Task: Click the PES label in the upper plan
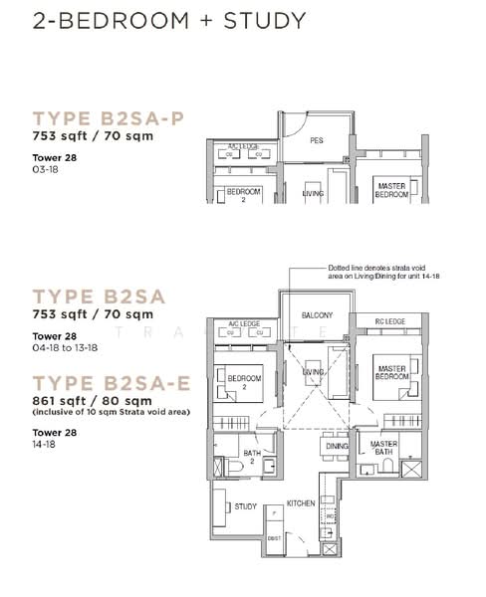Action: (316, 141)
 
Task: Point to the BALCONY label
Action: (317, 315)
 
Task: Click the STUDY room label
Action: (245, 506)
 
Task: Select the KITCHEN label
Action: (301, 504)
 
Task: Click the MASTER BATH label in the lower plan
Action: (384, 449)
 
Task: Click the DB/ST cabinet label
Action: (275, 539)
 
